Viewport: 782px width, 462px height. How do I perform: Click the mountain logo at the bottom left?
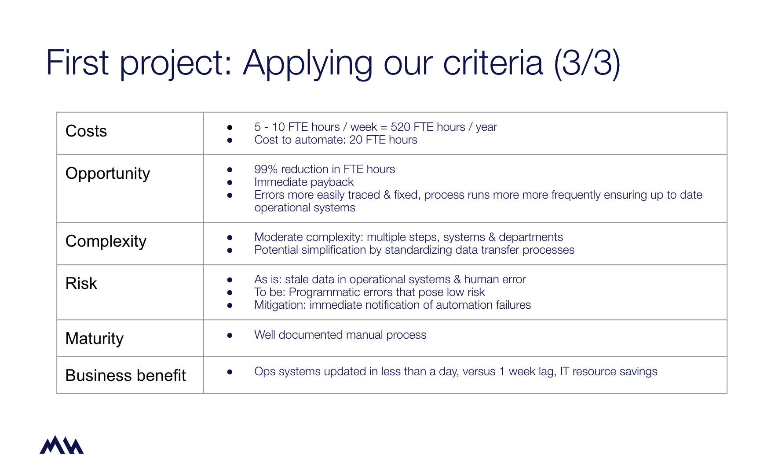pyautogui.click(x=62, y=445)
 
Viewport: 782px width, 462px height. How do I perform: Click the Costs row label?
pyautogui.click(x=86, y=131)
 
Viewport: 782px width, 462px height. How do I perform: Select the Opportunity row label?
pyautogui.click(x=108, y=174)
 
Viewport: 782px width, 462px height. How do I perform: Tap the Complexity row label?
pyautogui.click(x=106, y=241)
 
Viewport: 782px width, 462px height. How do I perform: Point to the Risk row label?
pyautogui.click(x=81, y=283)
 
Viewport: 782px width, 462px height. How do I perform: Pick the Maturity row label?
pyautogui.click(x=95, y=339)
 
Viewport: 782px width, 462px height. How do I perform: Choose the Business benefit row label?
pyautogui.click(x=126, y=375)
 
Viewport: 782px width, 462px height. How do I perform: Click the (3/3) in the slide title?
pyautogui.click(x=587, y=63)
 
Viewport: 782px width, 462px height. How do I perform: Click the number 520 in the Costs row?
pyautogui.click(x=400, y=127)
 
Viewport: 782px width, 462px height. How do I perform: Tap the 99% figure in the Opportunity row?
pyautogui.click(x=266, y=169)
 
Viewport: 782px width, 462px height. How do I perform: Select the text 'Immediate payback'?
pyautogui.click(x=304, y=182)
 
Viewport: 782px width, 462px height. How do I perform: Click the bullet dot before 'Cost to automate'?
pyautogui.click(x=230, y=140)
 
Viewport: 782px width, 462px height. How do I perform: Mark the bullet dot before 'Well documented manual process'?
pyautogui.click(x=230, y=335)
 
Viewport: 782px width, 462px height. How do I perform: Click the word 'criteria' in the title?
pyautogui.click(x=493, y=63)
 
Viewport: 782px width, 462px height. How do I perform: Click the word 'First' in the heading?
pyautogui.click(x=77, y=63)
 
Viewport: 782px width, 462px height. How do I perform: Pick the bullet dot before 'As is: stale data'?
pyautogui.click(x=230, y=280)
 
